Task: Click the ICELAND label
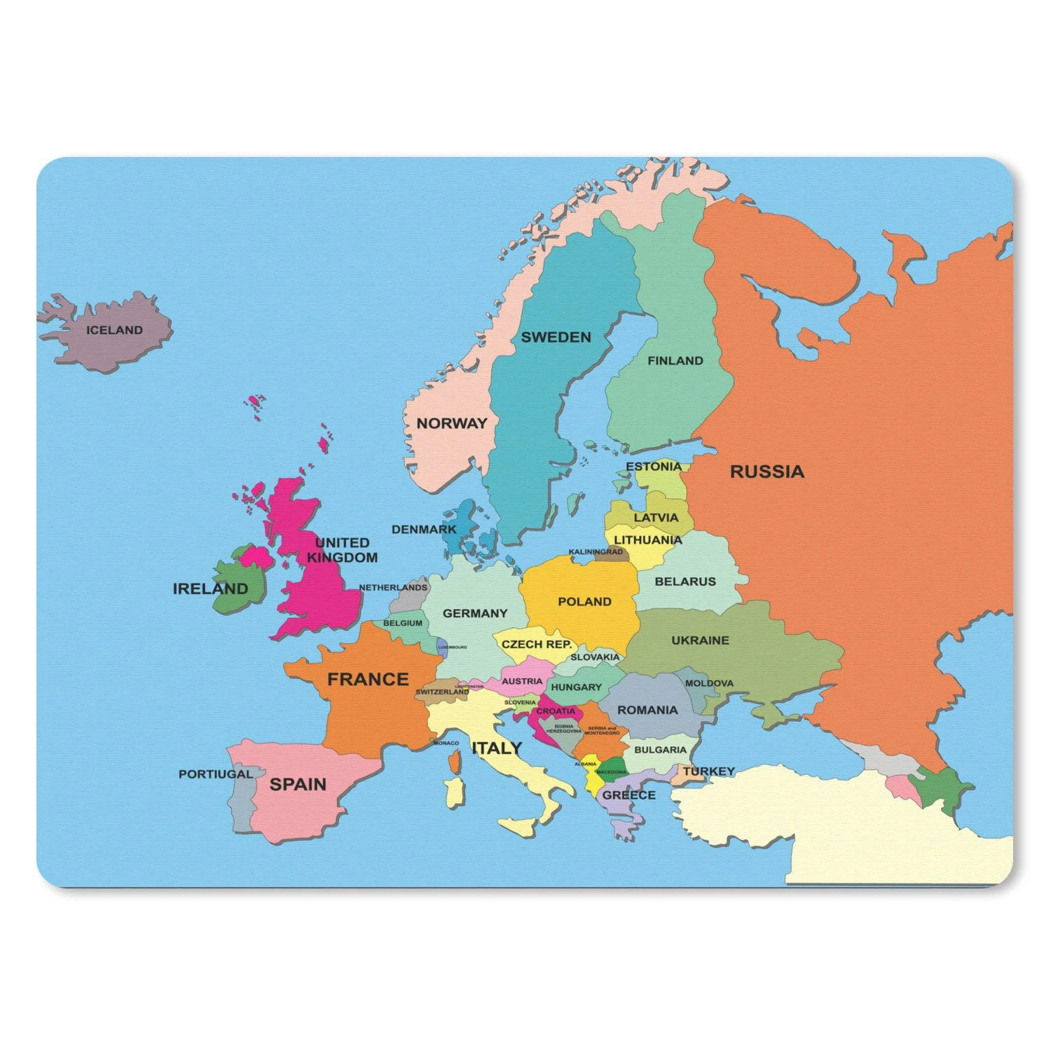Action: [114, 330]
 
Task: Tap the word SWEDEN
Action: [556, 337]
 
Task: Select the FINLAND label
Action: [675, 361]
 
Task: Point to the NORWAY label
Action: [451, 423]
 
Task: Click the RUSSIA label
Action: [767, 472]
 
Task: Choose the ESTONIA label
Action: [653, 467]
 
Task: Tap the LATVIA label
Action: [656, 518]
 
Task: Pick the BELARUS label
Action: [685, 582]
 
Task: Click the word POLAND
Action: [584, 602]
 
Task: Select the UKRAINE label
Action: [700, 640]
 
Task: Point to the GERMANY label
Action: [474, 614]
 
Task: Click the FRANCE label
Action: [368, 679]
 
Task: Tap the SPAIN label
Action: [298, 784]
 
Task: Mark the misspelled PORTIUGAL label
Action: [215, 774]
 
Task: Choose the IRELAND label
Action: [210, 589]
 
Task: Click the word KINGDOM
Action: [342, 558]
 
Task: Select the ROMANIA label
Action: [647, 710]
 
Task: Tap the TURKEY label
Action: [709, 771]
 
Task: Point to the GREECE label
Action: [628, 795]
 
